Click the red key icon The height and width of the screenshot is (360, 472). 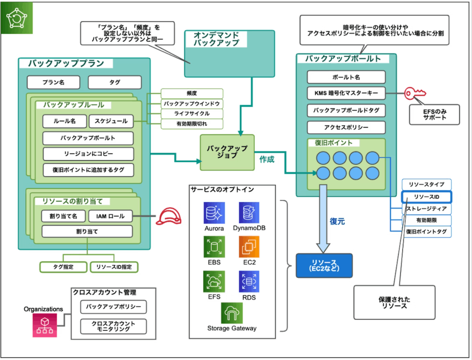click(415, 93)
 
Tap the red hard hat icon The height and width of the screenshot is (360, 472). click(169, 216)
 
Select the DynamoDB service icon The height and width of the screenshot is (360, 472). click(249, 212)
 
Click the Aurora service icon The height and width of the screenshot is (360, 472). click(214, 212)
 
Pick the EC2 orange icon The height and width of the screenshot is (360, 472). click(249, 246)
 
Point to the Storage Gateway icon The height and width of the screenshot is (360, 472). click(232, 313)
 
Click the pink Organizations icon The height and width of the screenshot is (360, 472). click(45, 325)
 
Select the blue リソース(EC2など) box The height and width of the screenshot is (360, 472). click(324, 265)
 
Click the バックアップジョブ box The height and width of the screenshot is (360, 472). click(227, 152)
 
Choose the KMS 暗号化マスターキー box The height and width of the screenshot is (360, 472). click(346, 93)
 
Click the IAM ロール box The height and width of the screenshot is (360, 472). click(110, 216)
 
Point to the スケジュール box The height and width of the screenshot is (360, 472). click(111, 121)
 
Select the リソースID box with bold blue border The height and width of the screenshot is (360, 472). click(426, 197)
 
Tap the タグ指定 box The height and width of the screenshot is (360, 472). click(63, 267)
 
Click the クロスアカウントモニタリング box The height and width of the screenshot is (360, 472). click(114, 326)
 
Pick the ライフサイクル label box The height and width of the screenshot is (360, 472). click(192, 114)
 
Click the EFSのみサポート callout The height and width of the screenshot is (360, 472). click(434, 115)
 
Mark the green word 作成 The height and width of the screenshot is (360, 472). click(267, 159)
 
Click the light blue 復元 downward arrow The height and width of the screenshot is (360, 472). click(323, 219)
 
